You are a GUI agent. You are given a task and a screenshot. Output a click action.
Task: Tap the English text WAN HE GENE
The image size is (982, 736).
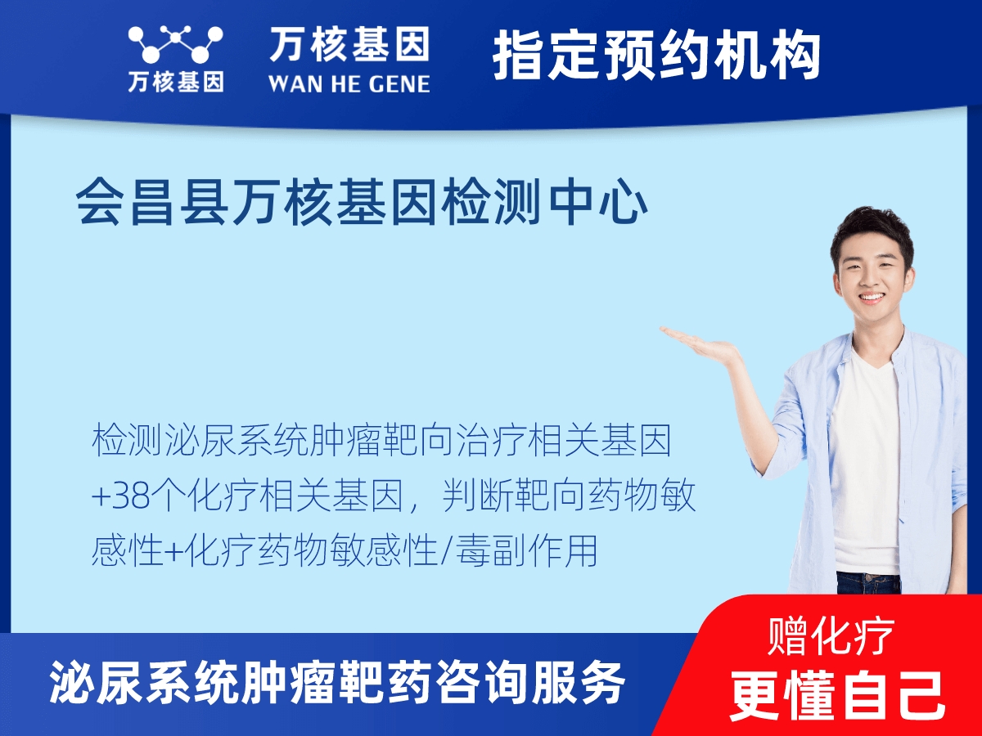coord(349,83)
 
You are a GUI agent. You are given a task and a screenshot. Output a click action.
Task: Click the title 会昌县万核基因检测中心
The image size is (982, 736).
coord(362,204)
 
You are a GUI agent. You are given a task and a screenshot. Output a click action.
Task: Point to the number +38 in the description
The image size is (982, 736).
coord(122,497)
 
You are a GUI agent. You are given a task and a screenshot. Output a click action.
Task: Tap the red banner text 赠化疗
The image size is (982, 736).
coord(831,637)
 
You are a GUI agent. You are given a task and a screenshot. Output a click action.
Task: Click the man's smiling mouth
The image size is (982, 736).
coord(871,298)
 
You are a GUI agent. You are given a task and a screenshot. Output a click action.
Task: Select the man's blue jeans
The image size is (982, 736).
coord(867,582)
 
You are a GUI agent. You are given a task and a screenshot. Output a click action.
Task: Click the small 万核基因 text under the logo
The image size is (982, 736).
coord(175,82)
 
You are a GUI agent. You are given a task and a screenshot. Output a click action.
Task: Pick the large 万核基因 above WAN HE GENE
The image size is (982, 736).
coord(349,45)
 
